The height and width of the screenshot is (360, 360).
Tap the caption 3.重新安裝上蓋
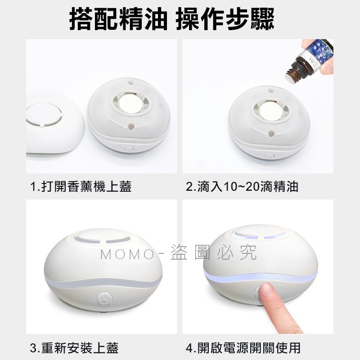74,348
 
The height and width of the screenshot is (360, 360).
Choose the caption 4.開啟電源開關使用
243,348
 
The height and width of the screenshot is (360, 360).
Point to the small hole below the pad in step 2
272,133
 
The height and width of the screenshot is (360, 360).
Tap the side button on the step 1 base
128,148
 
